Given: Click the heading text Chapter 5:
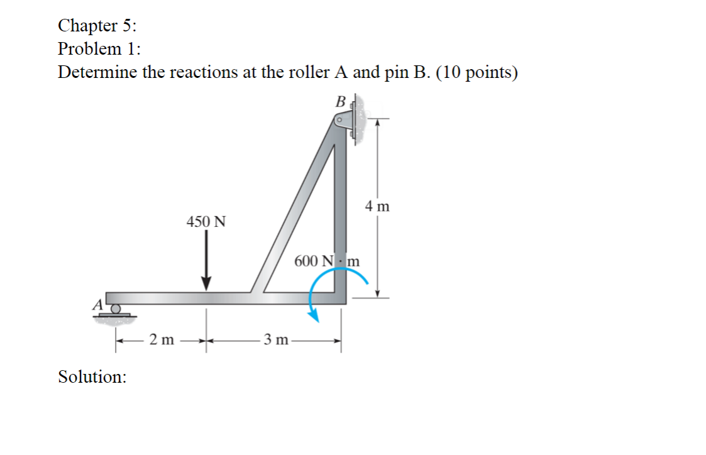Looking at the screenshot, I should pyautogui.click(x=96, y=26).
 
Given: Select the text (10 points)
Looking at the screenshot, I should pyautogui.click(x=477, y=73).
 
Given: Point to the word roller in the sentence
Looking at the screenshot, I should pyautogui.click(x=306, y=73).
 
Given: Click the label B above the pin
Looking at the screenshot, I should pyautogui.click(x=341, y=101).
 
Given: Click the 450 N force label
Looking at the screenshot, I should pyautogui.click(x=206, y=222).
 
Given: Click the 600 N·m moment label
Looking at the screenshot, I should pyautogui.click(x=327, y=260).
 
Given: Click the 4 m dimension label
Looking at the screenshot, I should pyautogui.click(x=377, y=206).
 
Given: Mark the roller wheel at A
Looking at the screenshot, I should pyautogui.click(x=116, y=309).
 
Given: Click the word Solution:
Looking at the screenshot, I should pyautogui.click(x=92, y=377).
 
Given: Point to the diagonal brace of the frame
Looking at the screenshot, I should pyautogui.click(x=295, y=214).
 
